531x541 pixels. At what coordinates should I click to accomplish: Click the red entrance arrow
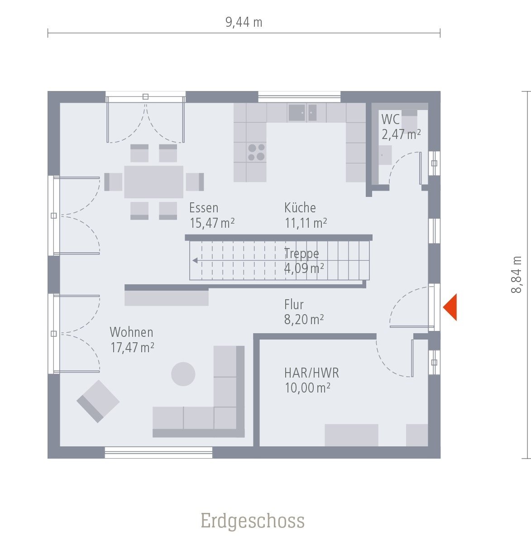pyautogui.click(x=450, y=307)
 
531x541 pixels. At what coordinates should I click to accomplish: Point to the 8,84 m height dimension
pyautogui.click(x=517, y=274)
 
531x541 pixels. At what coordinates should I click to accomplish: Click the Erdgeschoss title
pyautogui.click(x=253, y=521)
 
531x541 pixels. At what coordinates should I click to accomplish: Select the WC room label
pyautogui.click(x=390, y=120)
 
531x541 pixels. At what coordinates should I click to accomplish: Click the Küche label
pyautogui.click(x=300, y=208)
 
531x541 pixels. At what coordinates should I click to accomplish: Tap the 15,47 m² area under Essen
pyautogui.click(x=211, y=223)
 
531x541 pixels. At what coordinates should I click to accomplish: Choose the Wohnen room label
pyautogui.click(x=131, y=332)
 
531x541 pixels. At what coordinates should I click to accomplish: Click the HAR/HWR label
pyautogui.click(x=311, y=373)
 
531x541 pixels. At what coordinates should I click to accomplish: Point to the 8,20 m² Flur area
pyautogui.click(x=304, y=320)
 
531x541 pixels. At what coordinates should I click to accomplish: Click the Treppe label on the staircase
pyautogui.click(x=301, y=254)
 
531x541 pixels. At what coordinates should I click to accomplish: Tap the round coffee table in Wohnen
pyautogui.click(x=183, y=374)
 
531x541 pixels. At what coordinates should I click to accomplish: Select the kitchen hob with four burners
pyautogui.click(x=256, y=152)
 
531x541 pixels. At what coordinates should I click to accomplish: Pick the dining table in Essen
pyautogui.click(x=154, y=182)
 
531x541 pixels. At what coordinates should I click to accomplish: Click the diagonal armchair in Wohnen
pyautogui.click(x=98, y=401)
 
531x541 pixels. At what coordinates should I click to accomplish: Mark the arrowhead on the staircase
pyautogui.click(x=195, y=261)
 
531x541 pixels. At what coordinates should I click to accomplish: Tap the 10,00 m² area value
pyautogui.click(x=307, y=388)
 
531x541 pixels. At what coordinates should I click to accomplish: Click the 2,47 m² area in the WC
pyautogui.click(x=401, y=134)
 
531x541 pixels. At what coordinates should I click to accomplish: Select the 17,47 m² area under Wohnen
pyautogui.click(x=132, y=348)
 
